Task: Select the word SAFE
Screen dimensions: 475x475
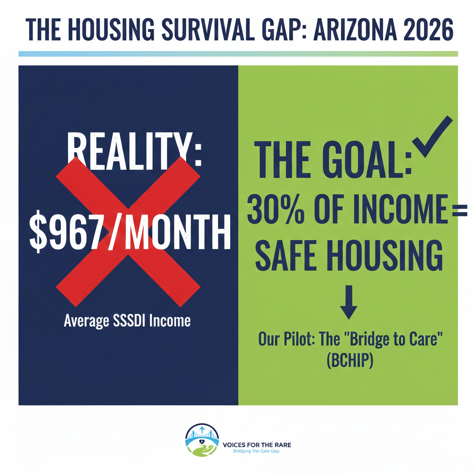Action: coord(282,256)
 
